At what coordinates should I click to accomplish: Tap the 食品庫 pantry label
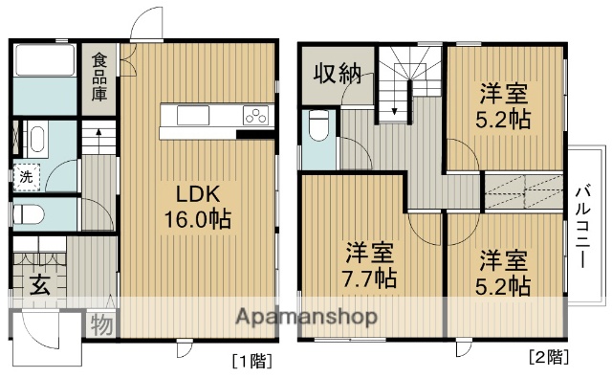click(99, 79)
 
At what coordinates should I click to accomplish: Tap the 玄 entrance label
click(38, 284)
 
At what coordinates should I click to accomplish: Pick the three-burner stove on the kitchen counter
click(255, 116)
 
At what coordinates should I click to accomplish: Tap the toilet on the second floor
click(319, 125)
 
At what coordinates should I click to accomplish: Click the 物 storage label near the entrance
click(101, 325)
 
